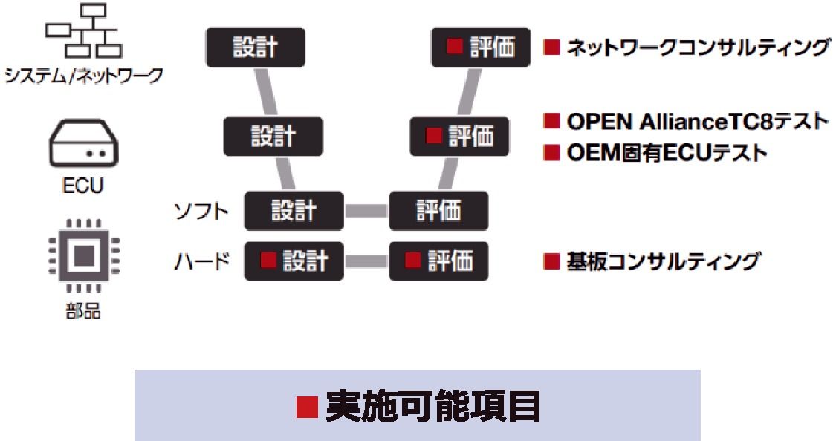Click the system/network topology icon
[82, 31]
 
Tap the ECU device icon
[83, 146]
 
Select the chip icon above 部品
[83, 255]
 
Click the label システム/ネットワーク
[83, 76]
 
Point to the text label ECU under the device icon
[83, 185]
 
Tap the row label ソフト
[201, 212]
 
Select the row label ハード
[201, 261]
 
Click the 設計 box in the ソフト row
[294, 211]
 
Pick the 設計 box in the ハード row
[294, 261]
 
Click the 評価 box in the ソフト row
[438, 211]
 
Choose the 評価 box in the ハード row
[438, 261]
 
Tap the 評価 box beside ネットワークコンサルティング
[482, 48]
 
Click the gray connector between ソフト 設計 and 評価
[366, 211]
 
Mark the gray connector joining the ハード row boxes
[366, 261]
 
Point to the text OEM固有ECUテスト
[666, 154]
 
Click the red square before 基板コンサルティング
[551, 261]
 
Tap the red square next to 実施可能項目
[307, 406]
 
